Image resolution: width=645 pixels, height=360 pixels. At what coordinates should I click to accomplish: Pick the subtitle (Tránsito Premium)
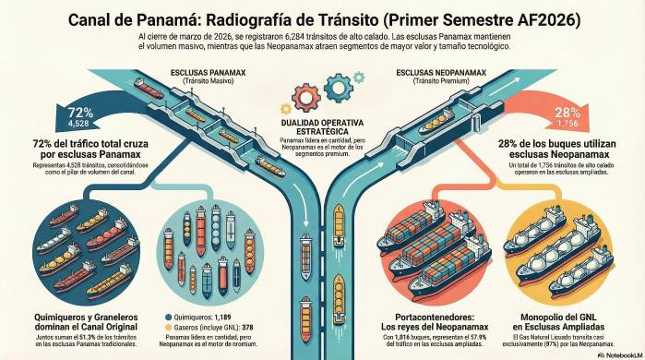[437, 81]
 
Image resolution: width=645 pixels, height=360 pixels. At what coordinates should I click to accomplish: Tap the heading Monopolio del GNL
[565, 323]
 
